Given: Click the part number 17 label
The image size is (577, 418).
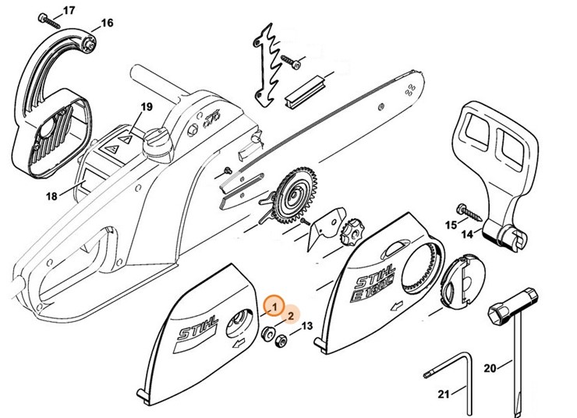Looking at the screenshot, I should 69,10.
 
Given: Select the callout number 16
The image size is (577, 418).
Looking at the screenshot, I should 107,23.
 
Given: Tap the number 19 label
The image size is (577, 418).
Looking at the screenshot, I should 146,106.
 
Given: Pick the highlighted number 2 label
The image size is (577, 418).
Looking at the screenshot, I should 290,316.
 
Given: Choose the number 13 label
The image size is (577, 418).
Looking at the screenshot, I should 306,325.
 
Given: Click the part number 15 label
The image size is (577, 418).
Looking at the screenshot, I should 450,225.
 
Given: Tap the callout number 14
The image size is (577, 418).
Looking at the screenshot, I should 468,233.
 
